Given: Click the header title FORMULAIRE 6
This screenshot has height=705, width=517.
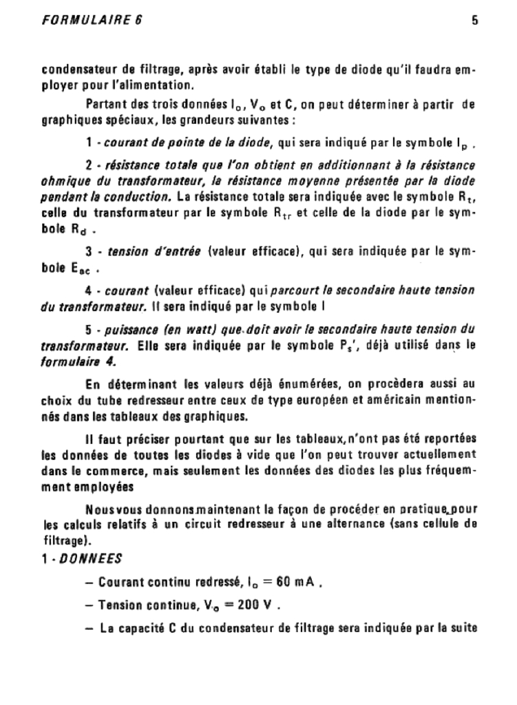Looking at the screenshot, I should [92, 20].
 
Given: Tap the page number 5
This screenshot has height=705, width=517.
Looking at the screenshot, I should [475, 20].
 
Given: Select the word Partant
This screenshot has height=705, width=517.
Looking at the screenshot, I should [107, 105].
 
